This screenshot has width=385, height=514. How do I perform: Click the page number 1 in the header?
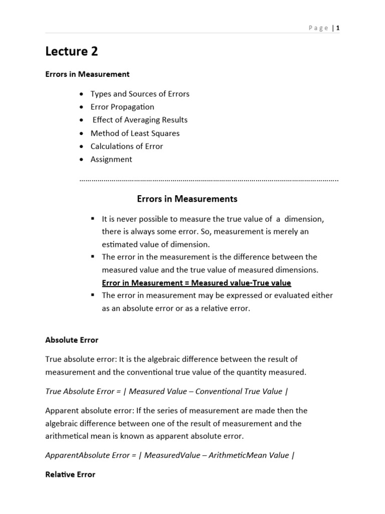tap(338, 28)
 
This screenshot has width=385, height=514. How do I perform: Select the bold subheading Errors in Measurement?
tap(87, 74)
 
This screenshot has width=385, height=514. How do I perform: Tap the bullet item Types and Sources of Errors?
tap(140, 94)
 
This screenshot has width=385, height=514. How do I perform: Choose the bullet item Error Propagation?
tap(122, 107)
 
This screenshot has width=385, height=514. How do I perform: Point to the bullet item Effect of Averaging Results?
tap(140, 120)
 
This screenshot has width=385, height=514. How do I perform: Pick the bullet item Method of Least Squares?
tap(135, 133)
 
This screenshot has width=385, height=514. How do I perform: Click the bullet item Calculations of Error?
tap(126, 146)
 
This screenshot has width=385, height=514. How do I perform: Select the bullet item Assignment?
tap(111, 159)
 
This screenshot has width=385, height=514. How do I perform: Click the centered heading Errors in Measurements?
tap(187, 199)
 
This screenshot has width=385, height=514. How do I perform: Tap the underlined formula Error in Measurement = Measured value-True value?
tap(197, 283)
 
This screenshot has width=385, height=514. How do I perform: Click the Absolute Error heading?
tap(72, 340)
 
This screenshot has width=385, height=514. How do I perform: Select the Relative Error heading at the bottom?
tap(70, 474)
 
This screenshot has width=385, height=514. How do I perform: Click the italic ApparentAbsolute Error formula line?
tap(170, 455)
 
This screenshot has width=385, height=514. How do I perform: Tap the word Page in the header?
tap(318, 28)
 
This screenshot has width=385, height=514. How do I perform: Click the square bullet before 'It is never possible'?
tap(93, 219)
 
